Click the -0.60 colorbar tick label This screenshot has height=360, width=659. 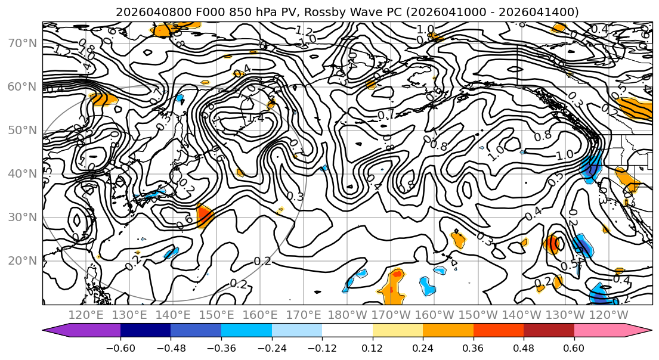point(120,347)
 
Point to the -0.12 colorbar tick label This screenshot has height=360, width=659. point(322,347)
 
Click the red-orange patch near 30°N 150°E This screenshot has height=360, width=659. point(205,215)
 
